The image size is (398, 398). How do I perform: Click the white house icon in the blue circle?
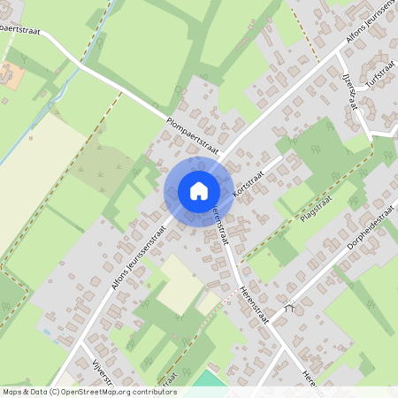tap(199, 190)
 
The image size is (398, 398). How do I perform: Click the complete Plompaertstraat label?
tap(192, 134)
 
